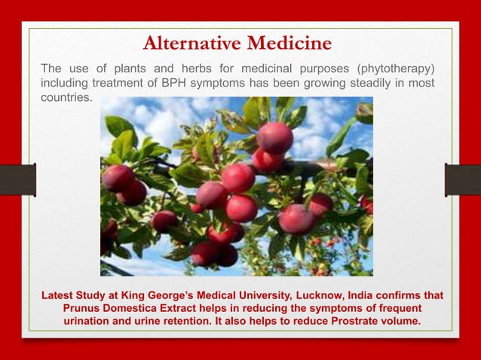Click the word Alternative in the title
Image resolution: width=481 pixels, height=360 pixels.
click(193, 42)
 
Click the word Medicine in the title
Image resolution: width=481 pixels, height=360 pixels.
click(290, 42)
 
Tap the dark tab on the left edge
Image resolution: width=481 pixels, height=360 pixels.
click(17, 180)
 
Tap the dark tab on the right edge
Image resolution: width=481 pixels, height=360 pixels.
click(462, 180)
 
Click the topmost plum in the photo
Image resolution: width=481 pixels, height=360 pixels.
click(274, 136)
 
